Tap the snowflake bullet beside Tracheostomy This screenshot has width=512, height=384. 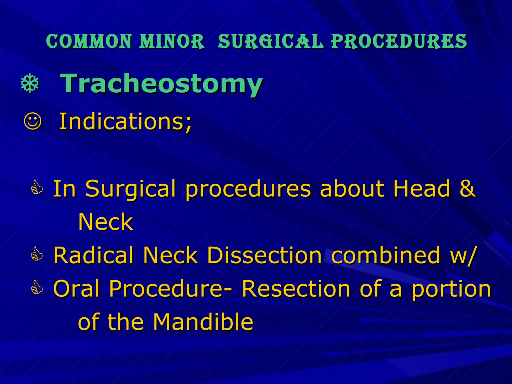(x=30, y=83)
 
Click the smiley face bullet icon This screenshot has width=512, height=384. (x=32, y=121)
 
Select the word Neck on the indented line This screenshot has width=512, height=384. (x=105, y=222)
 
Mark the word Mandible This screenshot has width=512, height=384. (x=203, y=322)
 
